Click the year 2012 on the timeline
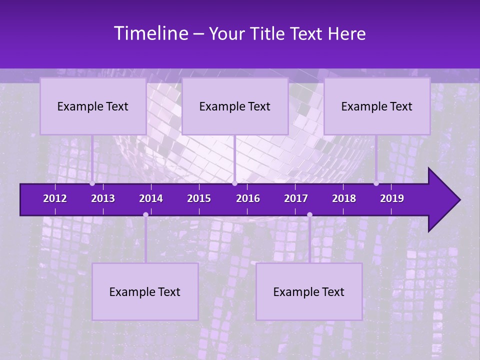point(55,198)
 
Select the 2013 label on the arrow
point(103,198)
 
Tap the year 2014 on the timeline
point(151,198)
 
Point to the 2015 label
point(199,198)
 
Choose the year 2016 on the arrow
point(248,198)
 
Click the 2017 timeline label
point(296,198)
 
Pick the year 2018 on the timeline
point(344,198)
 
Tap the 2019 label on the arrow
point(392,198)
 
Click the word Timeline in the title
point(150,33)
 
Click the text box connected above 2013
point(93,106)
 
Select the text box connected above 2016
point(235,106)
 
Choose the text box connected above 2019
point(377,106)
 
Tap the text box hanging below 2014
point(145,291)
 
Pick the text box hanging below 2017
point(309,291)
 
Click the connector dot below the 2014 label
point(145,214)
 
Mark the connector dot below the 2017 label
point(309,214)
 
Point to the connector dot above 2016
point(234,183)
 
